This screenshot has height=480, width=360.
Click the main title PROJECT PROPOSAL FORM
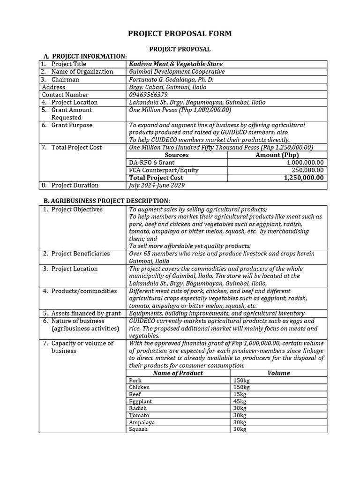(x=180, y=34)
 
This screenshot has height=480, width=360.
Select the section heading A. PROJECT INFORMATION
(x=85, y=56)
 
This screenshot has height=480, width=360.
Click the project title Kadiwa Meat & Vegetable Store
(x=176, y=64)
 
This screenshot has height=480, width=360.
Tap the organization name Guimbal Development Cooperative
(x=177, y=72)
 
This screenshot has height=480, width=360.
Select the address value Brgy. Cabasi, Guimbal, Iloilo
(x=167, y=87)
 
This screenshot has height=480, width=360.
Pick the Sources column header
(x=177, y=155)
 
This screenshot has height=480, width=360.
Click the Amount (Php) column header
(x=277, y=155)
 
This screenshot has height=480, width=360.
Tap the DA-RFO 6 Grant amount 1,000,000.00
(x=305, y=163)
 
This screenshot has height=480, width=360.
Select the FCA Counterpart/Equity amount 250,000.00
(x=307, y=170)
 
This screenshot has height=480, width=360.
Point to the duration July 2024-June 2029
(x=157, y=185)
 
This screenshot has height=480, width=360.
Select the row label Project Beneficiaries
(x=80, y=254)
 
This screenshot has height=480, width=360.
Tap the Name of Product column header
(x=178, y=373)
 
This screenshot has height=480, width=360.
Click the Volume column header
(x=278, y=373)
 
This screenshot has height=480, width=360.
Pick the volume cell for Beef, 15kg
(x=240, y=395)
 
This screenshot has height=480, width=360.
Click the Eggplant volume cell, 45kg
(x=240, y=402)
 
